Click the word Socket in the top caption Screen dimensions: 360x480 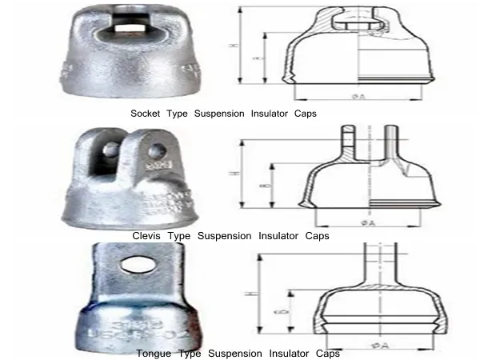coord(146,114)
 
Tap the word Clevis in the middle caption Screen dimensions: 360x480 coord(147,237)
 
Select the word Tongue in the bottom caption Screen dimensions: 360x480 coord(153,353)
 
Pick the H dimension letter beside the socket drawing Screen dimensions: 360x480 coord(233,46)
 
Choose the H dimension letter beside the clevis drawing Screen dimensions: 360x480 coord(233,172)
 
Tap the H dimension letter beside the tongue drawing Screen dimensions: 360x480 coord(247,294)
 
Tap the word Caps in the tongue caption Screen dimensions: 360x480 coord(328,353)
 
